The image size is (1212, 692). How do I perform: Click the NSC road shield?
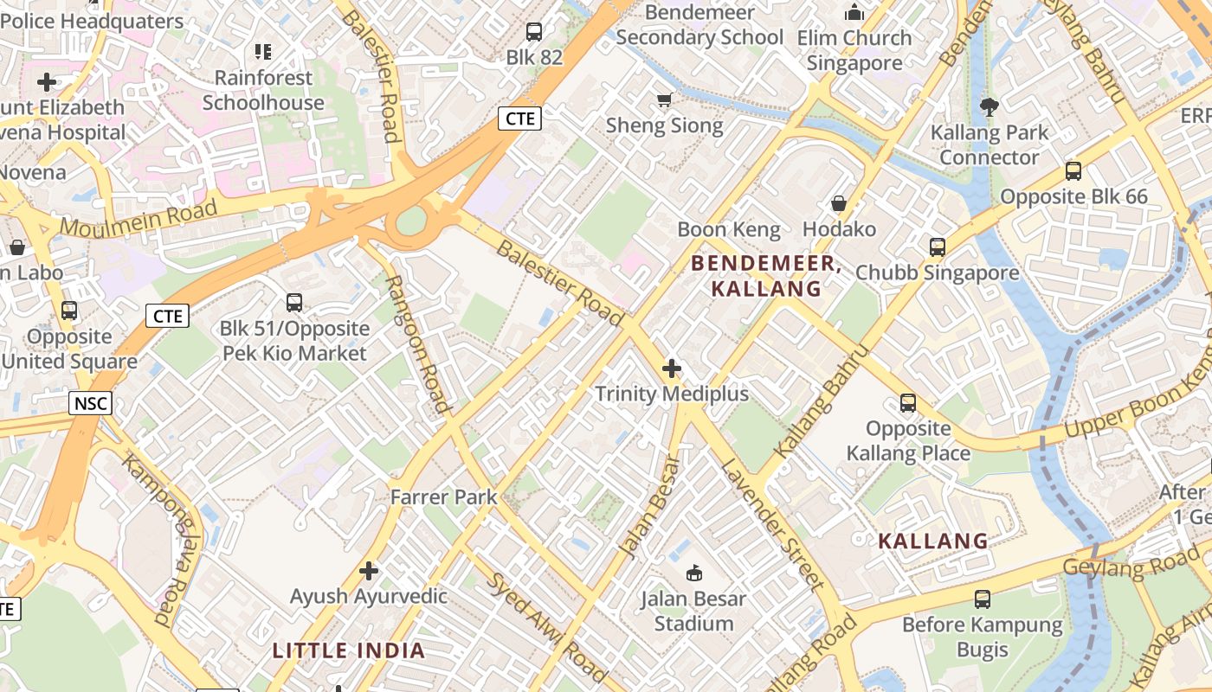click(x=91, y=402)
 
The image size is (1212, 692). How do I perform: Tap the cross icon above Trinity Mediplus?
click(x=672, y=369)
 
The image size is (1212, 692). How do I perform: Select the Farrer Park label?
click(x=443, y=497)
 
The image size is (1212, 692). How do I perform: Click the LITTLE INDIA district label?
click(x=349, y=650)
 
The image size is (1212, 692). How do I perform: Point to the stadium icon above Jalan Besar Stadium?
click(x=694, y=573)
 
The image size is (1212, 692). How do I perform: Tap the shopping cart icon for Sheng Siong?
click(x=665, y=100)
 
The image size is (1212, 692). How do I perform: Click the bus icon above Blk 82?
click(x=534, y=32)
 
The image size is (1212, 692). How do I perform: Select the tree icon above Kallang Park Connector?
click(x=989, y=107)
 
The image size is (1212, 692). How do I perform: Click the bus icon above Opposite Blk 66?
click(x=1073, y=171)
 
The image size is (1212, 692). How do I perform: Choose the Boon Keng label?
click(x=729, y=229)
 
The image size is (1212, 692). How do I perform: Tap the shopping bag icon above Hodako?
click(x=838, y=204)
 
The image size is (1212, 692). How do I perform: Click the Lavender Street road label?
click(x=771, y=524)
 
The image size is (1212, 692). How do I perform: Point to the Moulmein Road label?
click(x=139, y=219)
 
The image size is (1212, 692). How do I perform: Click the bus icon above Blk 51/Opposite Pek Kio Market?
click(x=294, y=303)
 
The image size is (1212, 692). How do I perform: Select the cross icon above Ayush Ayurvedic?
click(x=370, y=571)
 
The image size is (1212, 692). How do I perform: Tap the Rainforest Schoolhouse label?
click(x=263, y=90)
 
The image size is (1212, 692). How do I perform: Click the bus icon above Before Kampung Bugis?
click(x=983, y=599)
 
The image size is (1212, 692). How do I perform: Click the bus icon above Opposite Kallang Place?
click(x=908, y=403)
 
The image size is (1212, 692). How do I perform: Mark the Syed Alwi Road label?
click(x=546, y=628)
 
